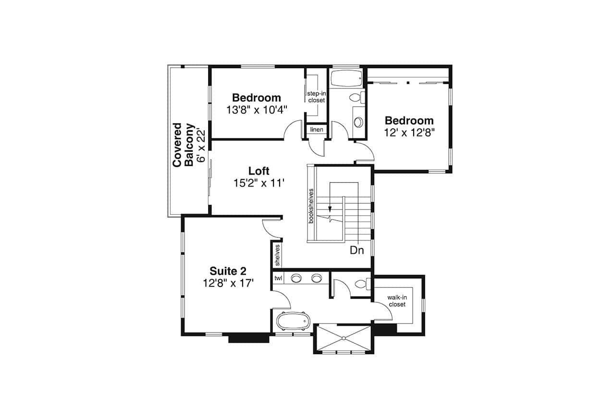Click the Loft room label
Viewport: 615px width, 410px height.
click(258, 171)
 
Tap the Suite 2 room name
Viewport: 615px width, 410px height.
click(228, 271)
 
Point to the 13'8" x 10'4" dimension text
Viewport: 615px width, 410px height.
click(257, 110)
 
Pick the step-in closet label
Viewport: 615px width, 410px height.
click(316, 97)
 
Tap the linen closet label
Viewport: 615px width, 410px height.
click(317, 130)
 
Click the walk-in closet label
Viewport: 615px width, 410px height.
click(397, 301)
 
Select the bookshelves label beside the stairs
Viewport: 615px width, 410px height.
click(311, 205)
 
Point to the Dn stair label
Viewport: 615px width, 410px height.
click(357, 250)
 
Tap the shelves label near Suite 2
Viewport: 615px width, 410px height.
click(277, 255)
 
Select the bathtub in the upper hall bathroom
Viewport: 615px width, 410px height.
click(345, 77)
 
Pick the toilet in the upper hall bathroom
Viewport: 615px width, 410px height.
click(356, 98)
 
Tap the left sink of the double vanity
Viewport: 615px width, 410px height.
click(296, 278)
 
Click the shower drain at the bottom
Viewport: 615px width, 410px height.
click(344, 338)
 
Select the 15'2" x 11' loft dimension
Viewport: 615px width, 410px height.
click(259, 183)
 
